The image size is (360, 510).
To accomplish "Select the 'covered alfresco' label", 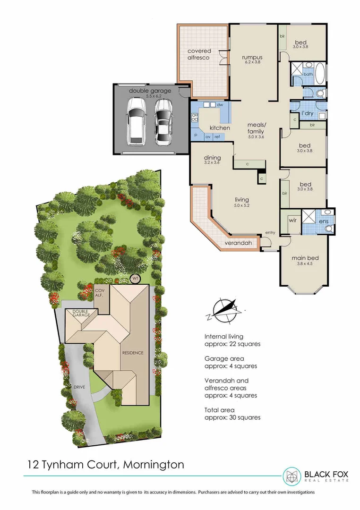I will coord(199,54).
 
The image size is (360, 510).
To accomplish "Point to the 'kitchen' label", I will coord(220,128).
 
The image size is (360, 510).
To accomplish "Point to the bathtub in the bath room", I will coord(319,74).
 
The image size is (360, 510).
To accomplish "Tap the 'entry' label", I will coord(270,232).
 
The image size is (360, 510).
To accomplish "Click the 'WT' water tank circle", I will coord(136,279).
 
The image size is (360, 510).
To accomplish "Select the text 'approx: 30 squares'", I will coord(232,417).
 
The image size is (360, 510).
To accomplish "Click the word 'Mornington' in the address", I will coord(154,465).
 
